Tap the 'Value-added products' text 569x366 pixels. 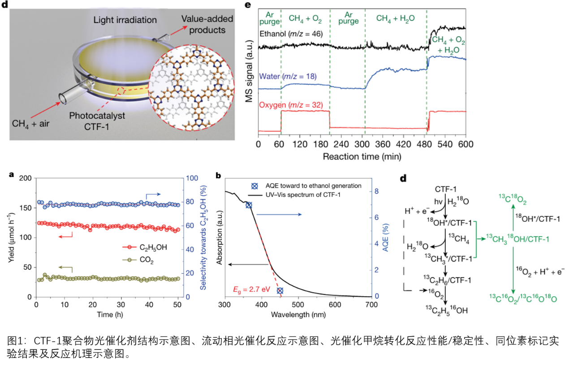coord(204,24)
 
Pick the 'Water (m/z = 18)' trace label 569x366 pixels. coord(288,77)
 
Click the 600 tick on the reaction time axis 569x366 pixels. coord(466,145)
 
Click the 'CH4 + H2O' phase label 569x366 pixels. coord(395,18)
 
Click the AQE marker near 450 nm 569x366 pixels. coord(280,291)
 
